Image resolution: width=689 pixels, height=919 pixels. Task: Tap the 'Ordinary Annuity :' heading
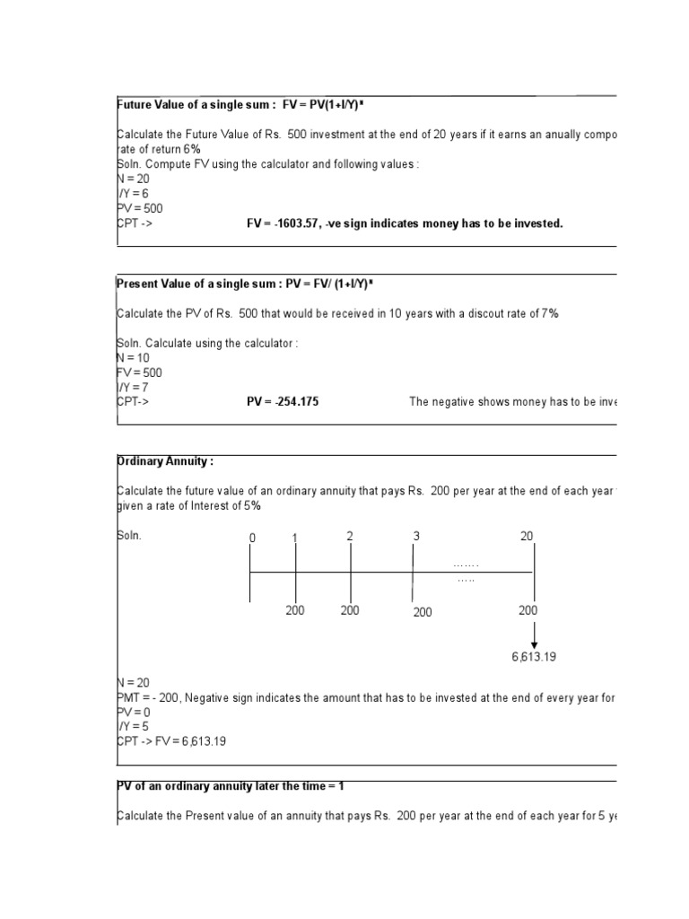[x=166, y=461]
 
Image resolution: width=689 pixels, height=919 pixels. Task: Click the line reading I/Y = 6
[x=134, y=194]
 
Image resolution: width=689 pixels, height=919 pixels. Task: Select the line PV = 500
[x=140, y=208]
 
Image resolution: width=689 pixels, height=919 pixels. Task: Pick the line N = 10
[x=134, y=357]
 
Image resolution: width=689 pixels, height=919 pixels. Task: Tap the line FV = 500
[x=140, y=372]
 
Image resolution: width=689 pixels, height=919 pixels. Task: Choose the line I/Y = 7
[x=134, y=387]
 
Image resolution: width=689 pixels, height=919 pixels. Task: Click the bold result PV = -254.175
[x=283, y=402]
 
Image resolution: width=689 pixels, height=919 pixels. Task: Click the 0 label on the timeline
[x=252, y=538]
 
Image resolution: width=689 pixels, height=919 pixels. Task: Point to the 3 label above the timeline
[x=416, y=537]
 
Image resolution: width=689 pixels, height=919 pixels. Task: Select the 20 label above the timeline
[x=527, y=537]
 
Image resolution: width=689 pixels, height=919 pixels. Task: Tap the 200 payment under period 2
[x=350, y=610]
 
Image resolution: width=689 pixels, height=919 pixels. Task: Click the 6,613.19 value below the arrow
[x=534, y=657]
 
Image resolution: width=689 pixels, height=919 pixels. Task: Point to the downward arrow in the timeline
[x=535, y=635]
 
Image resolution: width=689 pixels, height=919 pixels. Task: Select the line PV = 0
[x=134, y=712]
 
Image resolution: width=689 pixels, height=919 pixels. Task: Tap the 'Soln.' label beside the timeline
[x=130, y=536]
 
